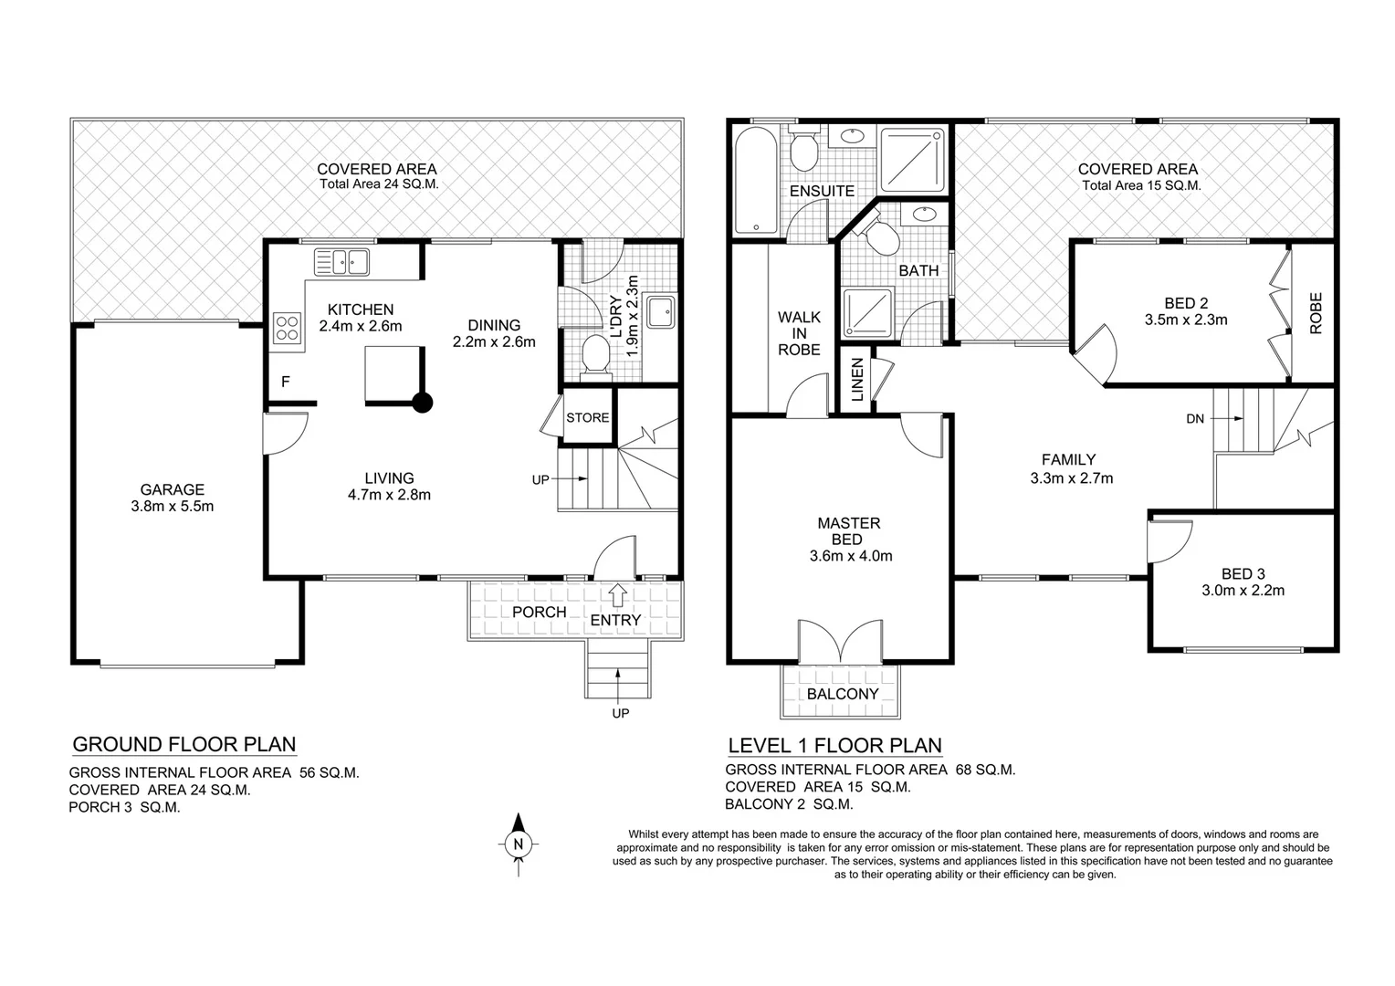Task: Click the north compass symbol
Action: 518,844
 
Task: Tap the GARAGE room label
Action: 172,489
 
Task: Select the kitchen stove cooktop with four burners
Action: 288,328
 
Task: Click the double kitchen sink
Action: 341,262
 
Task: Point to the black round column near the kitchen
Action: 422,403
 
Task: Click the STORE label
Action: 587,417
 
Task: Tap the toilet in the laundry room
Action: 595,354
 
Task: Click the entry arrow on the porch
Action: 617,594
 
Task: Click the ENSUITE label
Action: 822,191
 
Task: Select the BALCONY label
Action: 842,694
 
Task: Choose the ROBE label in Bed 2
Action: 1316,312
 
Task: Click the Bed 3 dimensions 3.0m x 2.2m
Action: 1243,590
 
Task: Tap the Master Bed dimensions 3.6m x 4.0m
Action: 850,555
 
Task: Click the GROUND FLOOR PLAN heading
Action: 184,744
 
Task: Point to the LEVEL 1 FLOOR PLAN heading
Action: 834,746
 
